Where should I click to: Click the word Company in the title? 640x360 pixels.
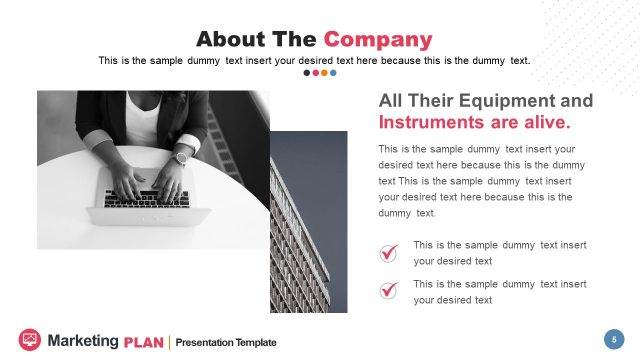pyautogui.click(x=378, y=40)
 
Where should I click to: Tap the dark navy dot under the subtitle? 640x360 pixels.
pyautogui.click(x=307, y=73)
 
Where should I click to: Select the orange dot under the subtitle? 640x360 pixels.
pyautogui.click(x=324, y=73)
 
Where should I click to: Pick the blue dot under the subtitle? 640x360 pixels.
pyautogui.click(x=333, y=73)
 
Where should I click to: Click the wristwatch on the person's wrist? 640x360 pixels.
pyautogui.click(x=182, y=157)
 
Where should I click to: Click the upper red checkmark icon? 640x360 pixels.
pyautogui.click(x=388, y=253)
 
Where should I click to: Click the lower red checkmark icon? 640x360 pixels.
pyautogui.click(x=388, y=291)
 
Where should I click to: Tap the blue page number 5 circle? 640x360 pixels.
pyautogui.click(x=613, y=339)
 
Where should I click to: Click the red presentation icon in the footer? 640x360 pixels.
pyautogui.click(x=29, y=340)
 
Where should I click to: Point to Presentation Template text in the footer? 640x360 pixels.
pyautogui.click(x=226, y=342)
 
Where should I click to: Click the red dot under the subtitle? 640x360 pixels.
pyautogui.click(x=316, y=73)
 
